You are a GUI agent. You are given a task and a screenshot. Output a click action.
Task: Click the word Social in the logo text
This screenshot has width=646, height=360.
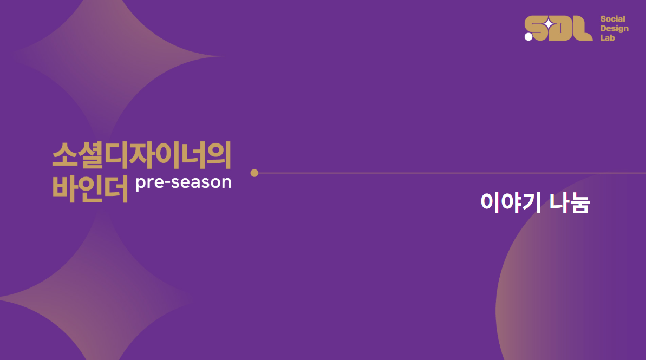(612, 19)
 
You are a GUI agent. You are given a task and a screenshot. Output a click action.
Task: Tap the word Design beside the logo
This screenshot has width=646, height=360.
(614, 28)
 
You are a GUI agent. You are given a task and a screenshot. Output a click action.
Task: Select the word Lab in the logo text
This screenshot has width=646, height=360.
(607, 38)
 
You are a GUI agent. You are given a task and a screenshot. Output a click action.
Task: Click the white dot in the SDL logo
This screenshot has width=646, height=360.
(528, 37)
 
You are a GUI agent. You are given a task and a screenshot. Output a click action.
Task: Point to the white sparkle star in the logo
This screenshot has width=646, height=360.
(549, 25)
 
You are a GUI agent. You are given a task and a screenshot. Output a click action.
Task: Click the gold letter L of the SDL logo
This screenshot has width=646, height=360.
(583, 28)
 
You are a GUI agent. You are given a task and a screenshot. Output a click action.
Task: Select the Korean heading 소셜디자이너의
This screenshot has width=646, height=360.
(142, 155)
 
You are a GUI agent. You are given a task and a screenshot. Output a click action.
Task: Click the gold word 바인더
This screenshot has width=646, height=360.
(90, 188)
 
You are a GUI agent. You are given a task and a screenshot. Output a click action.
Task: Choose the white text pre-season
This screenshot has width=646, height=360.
(184, 182)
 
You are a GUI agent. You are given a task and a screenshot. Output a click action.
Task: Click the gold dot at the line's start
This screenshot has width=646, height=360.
(254, 173)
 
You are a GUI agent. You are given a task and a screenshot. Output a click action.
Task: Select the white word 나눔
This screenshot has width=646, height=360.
(570, 202)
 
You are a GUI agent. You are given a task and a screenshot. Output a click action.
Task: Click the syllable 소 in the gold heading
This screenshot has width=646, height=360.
(64, 155)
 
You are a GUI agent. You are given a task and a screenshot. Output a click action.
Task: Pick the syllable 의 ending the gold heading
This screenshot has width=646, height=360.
(219, 155)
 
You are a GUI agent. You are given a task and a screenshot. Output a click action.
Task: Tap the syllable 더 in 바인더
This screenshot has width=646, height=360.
(115, 188)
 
